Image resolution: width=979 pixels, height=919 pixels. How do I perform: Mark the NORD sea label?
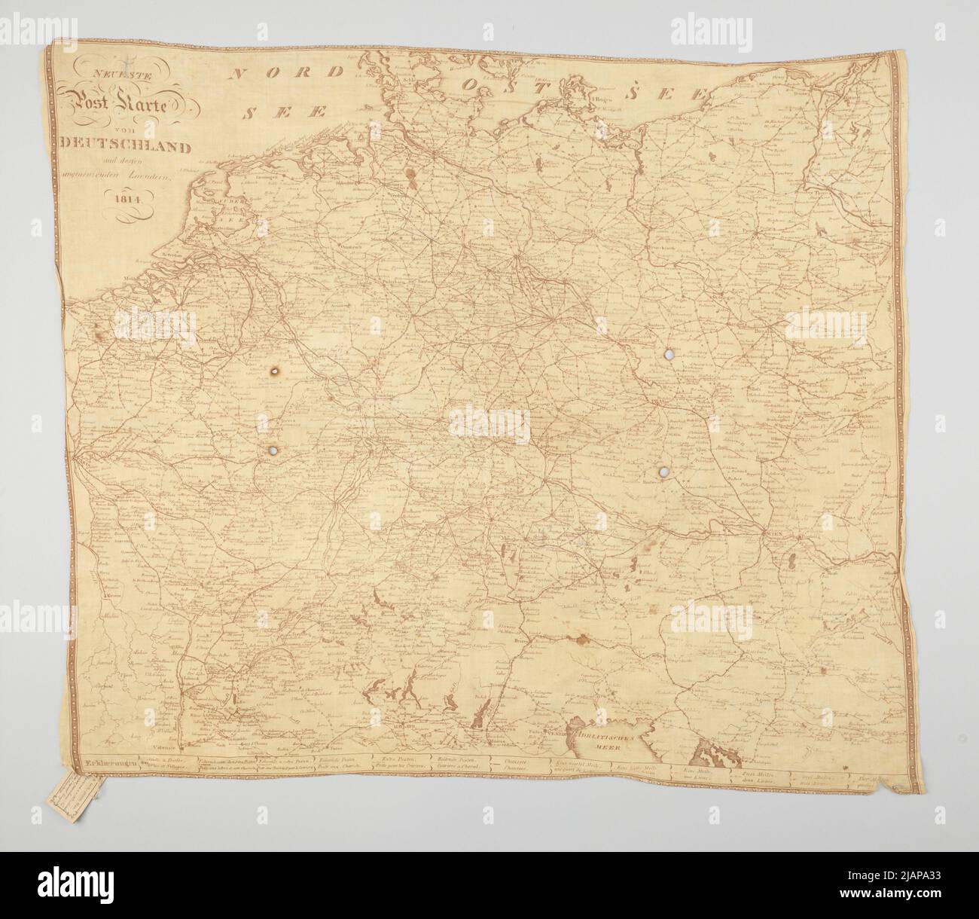pyautogui.click(x=288, y=73)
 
